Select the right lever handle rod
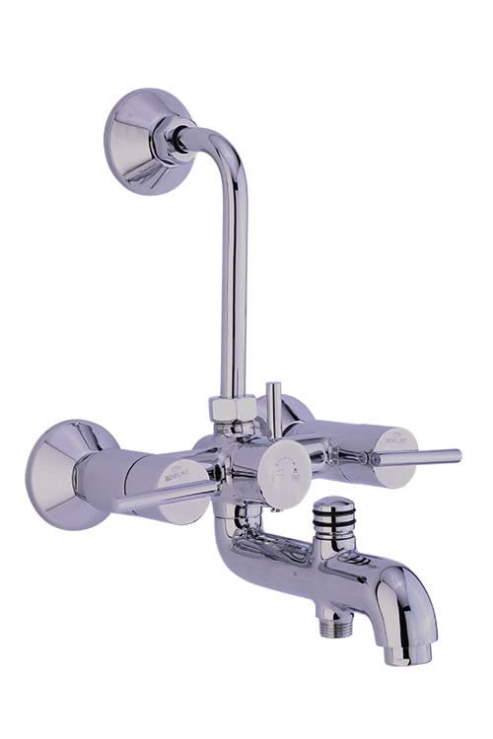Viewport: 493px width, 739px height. tap(414, 457)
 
